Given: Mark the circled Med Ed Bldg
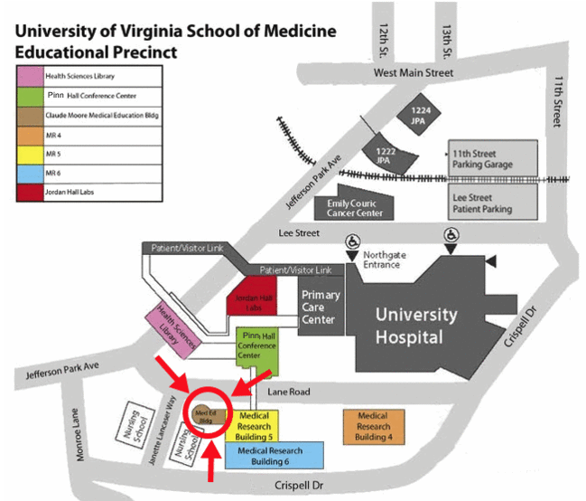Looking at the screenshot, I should [206, 415].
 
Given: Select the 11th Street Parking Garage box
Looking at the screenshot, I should [493, 159].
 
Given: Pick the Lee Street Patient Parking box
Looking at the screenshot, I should [493, 202].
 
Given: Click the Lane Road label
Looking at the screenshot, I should [290, 392].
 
